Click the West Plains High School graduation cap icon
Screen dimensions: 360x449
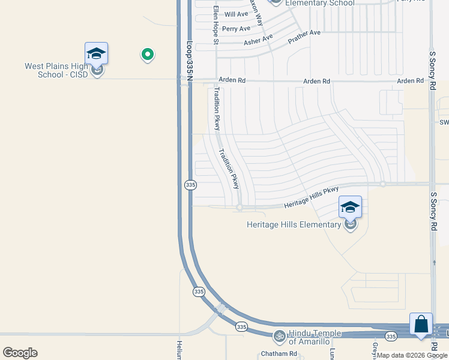click(x=96, y=54)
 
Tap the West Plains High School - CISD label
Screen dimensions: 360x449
click(x=56, y=70)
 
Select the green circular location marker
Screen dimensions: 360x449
click(x=147, y=55)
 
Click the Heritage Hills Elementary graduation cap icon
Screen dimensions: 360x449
click(x=350, y=208)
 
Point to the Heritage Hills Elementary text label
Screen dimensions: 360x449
click(x=294, y=225)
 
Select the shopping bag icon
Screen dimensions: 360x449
click(x=421, y=325)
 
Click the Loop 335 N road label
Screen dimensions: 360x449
click(x=190, y=58)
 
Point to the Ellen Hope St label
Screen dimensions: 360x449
click(x=216, y=24)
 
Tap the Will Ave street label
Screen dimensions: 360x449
click(x=236, y=14)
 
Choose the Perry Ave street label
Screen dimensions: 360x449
click(x=236, y=29)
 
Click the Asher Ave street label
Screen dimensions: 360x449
click(x=258, y=40)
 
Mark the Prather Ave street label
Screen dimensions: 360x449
click(x=305, y=38)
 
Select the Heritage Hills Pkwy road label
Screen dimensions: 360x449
click(x=312, y=197)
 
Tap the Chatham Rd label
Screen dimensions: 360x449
click(x=279, y=354)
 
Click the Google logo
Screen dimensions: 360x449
click(x=20, y=353)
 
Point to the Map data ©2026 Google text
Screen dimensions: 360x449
click(x=412, y=355)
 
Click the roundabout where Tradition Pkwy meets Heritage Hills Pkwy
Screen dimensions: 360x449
click(x=239, y=208)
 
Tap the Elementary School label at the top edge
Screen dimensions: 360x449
click(x=319, y=3)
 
